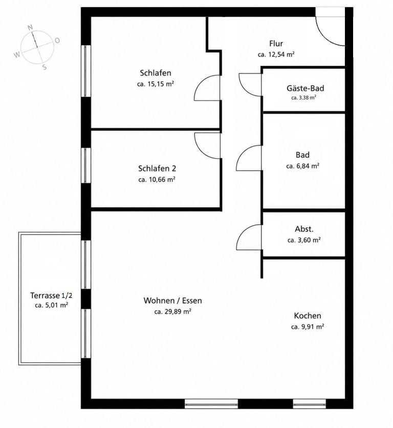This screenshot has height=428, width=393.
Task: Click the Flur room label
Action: [276, 44]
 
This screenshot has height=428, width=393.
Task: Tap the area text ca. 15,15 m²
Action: [156, 84]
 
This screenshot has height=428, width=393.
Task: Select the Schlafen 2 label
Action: [157, 168]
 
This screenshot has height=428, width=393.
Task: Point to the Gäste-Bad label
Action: [305, 88]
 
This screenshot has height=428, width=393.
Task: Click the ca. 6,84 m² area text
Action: [303, 166]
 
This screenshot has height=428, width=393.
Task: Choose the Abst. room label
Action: [304, 229]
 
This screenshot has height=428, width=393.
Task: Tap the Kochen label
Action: [308, 316]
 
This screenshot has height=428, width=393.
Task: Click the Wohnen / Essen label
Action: [173, 301]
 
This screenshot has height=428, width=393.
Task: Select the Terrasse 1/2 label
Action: [51, 295]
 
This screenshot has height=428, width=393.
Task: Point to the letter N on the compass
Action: [30, 27]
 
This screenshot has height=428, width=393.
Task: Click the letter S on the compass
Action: [45, 67]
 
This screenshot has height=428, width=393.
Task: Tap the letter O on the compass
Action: [57, 40]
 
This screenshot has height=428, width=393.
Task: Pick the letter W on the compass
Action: [17, 55]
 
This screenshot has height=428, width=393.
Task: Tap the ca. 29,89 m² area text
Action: [172, 311]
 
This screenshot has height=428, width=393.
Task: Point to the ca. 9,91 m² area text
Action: [308, 327]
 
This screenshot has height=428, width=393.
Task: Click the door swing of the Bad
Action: [243, 154]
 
